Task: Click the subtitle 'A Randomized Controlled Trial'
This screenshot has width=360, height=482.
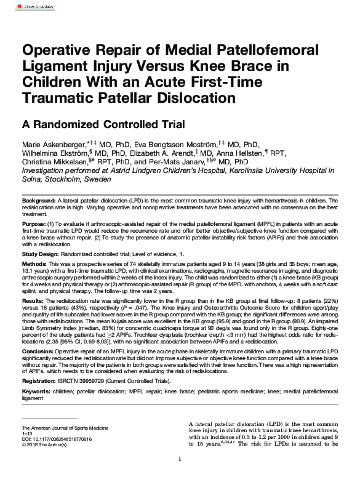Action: pos(103,124)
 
